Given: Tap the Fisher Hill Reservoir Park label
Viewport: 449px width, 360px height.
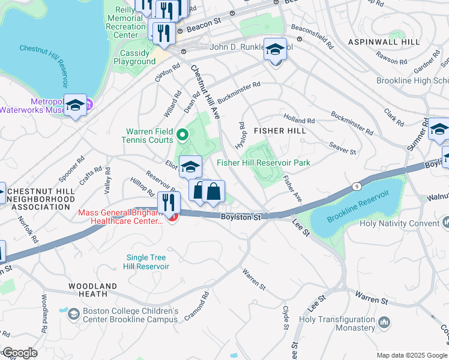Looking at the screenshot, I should click(264, 163).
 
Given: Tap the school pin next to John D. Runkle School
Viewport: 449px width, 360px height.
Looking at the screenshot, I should click(275, 50).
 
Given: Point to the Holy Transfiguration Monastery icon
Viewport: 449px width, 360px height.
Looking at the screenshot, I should click(384, 323).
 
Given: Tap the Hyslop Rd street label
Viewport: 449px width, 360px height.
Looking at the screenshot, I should click(243, 136).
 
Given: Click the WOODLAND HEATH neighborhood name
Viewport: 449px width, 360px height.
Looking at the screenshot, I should click(88, 290).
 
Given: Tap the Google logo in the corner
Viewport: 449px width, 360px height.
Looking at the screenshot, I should click(19, 353).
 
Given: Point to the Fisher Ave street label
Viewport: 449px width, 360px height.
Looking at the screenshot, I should click(292, 188).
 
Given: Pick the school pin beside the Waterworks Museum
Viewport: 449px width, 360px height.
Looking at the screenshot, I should click(76, 106).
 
